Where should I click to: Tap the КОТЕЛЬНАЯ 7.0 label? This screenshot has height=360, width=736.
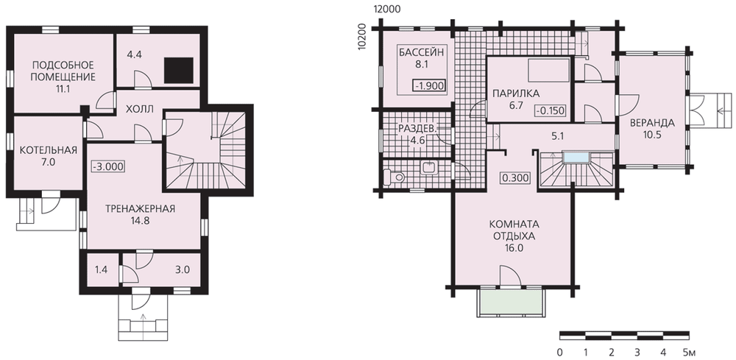click(49, 156)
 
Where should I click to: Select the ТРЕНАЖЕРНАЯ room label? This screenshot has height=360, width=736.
click(141, 214)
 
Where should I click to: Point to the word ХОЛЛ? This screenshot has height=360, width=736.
click(140, 110)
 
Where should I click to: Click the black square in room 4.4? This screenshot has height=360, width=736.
click(179, 71)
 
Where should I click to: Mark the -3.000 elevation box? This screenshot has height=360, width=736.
click(109, 166)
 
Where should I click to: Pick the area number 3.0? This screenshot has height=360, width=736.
click(183, 269)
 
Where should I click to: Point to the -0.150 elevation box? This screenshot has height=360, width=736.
click(551, 110)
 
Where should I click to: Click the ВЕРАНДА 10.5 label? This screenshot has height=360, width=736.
click(652, 129)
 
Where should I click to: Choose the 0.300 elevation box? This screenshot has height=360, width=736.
click(516, 178)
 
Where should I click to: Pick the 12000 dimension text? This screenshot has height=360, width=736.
click(387, 9)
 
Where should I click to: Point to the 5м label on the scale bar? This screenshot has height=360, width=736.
click(690, 351)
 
